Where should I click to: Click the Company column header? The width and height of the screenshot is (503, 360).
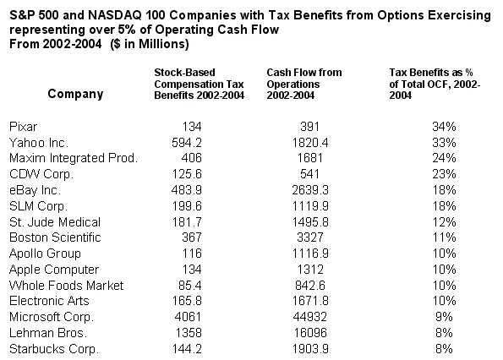tap(75, 94)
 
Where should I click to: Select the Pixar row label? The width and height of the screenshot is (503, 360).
tap(24, 127)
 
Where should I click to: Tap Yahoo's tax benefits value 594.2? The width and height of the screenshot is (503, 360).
tap(187, 143)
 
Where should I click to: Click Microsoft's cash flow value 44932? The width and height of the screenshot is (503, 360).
tap(310, 317)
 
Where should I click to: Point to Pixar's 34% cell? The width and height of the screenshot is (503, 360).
tap(444, 127)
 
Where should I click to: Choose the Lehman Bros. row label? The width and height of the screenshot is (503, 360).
tap(48, 333)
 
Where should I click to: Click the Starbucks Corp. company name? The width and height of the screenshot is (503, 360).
tap(54, 349)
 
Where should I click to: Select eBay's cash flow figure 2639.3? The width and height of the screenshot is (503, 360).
tap(310, 190)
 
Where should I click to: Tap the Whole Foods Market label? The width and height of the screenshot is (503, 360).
tap(67, 286)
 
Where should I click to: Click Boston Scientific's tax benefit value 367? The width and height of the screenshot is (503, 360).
tap(192, 237)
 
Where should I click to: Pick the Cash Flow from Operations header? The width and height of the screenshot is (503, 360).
tap(304, 84)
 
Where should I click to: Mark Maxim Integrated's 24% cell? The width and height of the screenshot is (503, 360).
tap(444, 158)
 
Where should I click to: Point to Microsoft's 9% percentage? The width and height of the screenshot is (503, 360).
tap(444, 317)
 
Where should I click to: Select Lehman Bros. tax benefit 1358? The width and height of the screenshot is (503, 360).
tap(189, 333)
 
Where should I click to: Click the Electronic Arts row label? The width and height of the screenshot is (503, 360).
tap(49, 301)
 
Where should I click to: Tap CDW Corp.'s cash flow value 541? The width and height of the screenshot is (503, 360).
tap(310, 174)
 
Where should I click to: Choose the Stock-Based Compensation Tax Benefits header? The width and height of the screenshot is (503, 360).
tap(200, 84)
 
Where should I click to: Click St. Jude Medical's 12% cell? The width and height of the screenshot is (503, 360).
tap(444, 222)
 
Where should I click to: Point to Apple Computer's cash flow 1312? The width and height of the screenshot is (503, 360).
tap(310, 270)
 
